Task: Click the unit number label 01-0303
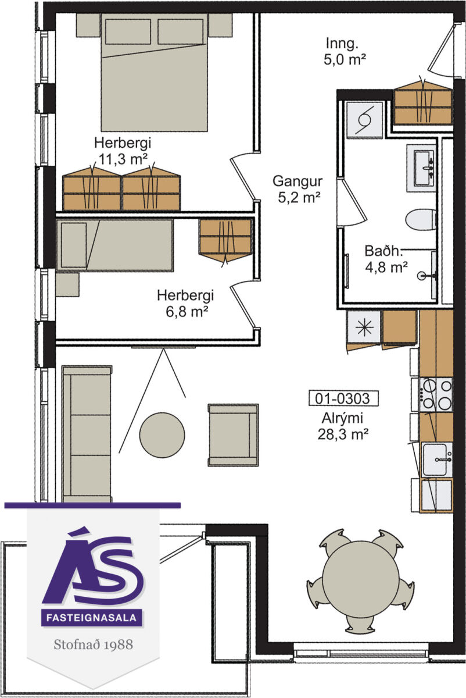(x=343, y=398)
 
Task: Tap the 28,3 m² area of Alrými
(x=343, y=434)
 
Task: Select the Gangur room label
(x=297, y=181)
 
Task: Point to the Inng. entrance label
(x=342, y=43)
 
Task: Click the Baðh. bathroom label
(x=383, y=251)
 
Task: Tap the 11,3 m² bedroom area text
(x=123, y=159)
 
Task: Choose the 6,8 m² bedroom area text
(x=187, y=311)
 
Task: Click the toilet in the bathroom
(x=421, y=219)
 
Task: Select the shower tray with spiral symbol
(x=364, y=119)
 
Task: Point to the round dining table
(x=360, y=579)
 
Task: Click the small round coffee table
(x=162, y=435)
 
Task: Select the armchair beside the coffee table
(x=233, y=435)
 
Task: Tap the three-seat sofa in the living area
(x=87, y=434)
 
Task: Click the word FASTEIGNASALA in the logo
(x=92, y=617)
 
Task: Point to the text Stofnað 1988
(x=94, y=644)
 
